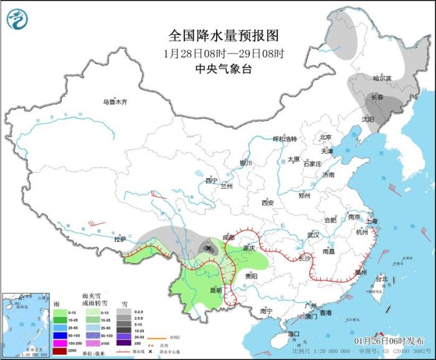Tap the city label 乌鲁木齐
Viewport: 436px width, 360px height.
(115, 102)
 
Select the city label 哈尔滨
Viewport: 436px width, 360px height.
(382, 78)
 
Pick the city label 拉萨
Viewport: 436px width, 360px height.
(120, 239)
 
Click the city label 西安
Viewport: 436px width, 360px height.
(268, 202)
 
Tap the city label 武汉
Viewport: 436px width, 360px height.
(313, 235)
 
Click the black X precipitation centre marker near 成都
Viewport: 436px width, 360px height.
(208, 248)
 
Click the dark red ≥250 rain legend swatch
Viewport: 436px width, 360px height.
(59, 350)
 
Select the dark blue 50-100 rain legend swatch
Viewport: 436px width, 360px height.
(59, 335)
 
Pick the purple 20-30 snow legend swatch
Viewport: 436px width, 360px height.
(124, 335)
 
